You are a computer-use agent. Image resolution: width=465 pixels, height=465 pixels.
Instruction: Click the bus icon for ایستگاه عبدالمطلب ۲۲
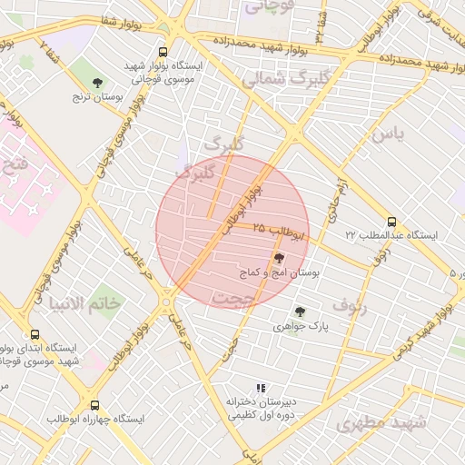[x=391, y=222]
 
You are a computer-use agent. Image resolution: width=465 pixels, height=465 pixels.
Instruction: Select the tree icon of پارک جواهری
[x=300, y=312]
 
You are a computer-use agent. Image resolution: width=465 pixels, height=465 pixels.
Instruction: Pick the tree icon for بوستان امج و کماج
[x=278, y=260]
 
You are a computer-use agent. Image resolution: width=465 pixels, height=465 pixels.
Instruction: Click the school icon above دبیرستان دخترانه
[x=261, y=388]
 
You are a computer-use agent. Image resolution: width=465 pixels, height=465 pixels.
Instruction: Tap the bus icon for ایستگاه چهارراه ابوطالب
[x=95, y=406]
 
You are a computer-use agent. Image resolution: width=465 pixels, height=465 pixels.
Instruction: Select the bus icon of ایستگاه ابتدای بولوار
[x=35, y=335]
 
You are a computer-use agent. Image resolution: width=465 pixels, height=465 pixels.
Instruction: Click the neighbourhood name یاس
[x=386, y=135]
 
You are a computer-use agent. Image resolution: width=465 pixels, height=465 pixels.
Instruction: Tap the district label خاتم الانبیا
[x=86, y=302]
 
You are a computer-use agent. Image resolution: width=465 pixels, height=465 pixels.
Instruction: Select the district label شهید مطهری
[x=381, y=423]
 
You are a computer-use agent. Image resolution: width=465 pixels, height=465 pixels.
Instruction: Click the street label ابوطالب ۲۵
[x=279, y=232]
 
